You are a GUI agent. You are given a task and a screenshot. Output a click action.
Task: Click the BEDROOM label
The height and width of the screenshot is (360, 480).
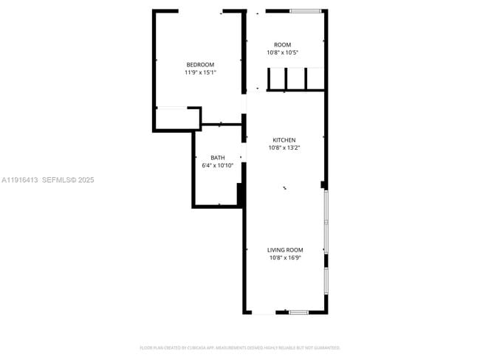point(200,64)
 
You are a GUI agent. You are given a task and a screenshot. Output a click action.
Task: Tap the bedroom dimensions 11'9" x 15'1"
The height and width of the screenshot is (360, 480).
point(200,72)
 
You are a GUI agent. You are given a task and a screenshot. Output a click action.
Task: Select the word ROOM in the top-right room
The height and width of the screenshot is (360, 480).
point(282,45)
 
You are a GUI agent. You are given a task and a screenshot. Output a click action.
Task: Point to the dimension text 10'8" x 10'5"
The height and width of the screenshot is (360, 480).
point(282,52)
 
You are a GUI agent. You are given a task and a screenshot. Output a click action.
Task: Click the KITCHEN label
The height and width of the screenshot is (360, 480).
point(284,140)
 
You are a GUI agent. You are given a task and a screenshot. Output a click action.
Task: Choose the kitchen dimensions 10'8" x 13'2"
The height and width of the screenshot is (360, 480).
point(284,148)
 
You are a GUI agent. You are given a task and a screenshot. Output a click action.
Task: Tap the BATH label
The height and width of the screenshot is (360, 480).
point(218,158)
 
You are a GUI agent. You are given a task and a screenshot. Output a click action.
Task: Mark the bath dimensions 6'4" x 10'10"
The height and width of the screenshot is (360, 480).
point(218,165)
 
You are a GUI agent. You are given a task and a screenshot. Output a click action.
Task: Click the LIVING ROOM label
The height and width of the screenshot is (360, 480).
point(285,250)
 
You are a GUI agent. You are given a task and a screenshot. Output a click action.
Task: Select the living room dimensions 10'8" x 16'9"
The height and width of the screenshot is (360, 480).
point(285,257)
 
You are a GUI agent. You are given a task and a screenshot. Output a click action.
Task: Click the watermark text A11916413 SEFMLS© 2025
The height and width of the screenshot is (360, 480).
point(48,179)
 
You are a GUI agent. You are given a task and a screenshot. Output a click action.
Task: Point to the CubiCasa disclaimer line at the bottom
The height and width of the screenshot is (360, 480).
point(240,347)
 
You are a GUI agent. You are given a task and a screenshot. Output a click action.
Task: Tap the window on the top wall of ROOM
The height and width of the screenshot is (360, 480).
point(305,11)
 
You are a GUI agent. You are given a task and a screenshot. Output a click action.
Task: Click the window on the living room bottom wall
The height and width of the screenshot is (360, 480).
point(298,313)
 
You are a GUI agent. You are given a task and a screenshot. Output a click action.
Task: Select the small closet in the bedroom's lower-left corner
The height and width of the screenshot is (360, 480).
point(177,118)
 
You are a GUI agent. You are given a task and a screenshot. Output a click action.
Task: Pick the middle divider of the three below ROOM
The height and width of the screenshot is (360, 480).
point(287,79)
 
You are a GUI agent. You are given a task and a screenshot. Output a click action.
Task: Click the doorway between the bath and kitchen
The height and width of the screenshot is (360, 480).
point(244,157)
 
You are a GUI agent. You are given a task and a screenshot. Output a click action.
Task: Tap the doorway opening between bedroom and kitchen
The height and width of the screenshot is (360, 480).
point(244,103)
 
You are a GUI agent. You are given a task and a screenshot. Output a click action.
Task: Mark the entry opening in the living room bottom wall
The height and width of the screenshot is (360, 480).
point(263,313)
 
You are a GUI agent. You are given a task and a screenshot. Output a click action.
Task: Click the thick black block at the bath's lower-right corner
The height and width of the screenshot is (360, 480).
point(240,195)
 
